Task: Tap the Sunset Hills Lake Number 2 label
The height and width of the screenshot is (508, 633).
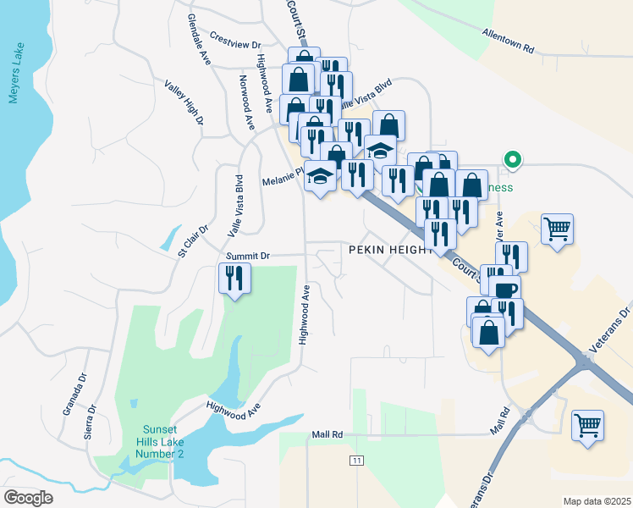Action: point(162,441)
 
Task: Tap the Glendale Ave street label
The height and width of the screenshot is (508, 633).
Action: point(200,40)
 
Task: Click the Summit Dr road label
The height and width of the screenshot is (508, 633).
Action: point(247,255)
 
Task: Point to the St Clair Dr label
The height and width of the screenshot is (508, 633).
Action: point(193,241)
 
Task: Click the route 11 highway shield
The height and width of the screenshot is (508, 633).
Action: point(357,459)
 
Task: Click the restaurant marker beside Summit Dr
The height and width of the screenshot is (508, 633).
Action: point(234,277)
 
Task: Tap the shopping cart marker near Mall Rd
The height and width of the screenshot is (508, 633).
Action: point(588,424)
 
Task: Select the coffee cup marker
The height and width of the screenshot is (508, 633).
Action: point(505,290)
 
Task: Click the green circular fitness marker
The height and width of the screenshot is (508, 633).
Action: point(511,158)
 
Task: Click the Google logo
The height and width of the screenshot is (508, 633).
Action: point(28,498)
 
